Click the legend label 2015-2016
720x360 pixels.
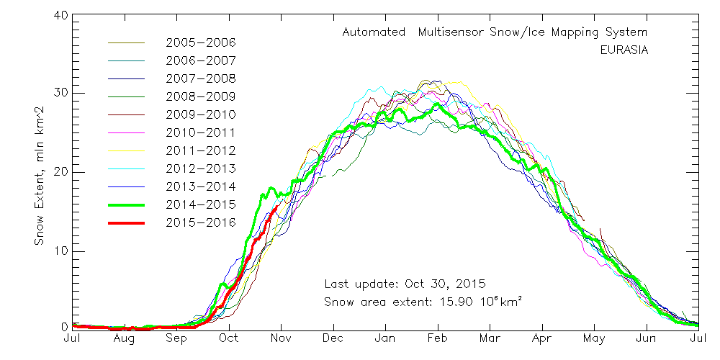click(200, 222)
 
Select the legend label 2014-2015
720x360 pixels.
click(200, 204)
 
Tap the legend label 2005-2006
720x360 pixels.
click(200, 42)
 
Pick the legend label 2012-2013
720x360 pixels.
click(200, 168)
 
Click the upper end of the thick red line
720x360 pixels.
click(277, 207)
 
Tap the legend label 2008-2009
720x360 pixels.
click(200, 96)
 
